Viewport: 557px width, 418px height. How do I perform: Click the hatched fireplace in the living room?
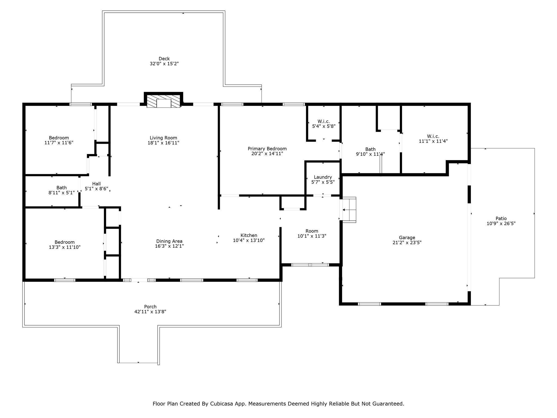click(163, 101)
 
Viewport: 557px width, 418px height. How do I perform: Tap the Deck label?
click(164, 59)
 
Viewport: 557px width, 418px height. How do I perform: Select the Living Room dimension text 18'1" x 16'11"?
click(163, 143)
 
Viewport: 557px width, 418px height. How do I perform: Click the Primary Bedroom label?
click(267, 149)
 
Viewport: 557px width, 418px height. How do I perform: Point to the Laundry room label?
click(323, 177)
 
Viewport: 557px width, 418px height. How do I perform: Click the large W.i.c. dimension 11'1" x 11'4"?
click(433, 141)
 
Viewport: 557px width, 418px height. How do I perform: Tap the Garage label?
click(407, 238)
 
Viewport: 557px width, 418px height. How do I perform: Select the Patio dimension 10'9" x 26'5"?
click(501, 223)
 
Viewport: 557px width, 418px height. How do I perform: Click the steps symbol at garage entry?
click(349, 210)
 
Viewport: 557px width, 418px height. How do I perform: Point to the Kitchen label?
click(249, 235)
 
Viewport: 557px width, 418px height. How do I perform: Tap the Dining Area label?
click(169, 241)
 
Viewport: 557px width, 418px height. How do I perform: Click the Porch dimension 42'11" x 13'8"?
click(150, 312)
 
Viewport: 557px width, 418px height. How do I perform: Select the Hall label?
click(96, 184)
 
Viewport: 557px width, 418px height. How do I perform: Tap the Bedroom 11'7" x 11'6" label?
click(59, 138)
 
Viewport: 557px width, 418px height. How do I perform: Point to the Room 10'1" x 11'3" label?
click(312, 231)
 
